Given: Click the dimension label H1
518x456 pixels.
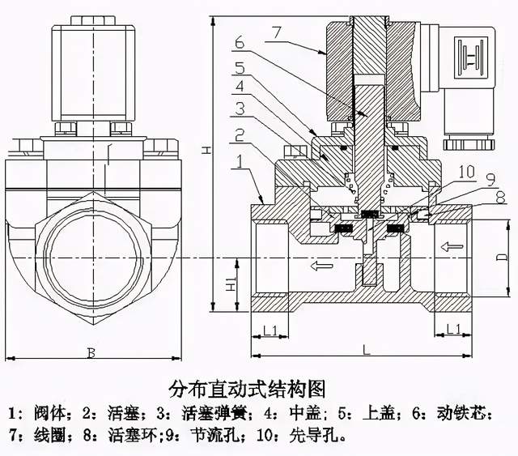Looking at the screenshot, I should click(230, 286).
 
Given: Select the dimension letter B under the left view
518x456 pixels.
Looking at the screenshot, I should click(91, 352).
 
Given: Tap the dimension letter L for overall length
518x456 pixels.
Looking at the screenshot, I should click(366, 349).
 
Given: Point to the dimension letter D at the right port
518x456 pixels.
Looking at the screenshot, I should click(502, 257).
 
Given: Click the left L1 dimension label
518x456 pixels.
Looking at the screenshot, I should click(271, 329).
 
